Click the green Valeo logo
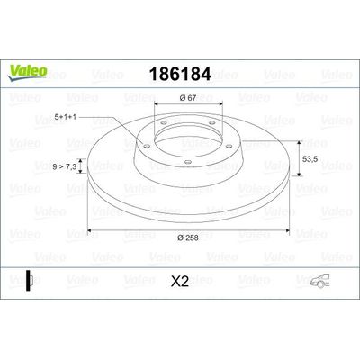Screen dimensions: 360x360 [x=27, y=73]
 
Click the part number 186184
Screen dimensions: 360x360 [x=180, y=74]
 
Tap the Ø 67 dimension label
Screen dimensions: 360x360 [x=188, y=98]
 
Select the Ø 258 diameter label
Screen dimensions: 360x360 [x=188, y=238]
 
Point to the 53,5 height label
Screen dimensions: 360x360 [x=310, y=159]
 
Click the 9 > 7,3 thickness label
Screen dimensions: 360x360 [x=65, y=166]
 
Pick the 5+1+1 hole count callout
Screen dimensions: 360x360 [x=65, y=117]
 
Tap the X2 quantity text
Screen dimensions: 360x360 [x=180, y=282]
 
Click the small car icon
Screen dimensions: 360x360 [x=319, y=281]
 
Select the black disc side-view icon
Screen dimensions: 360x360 [x=29, y=281]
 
